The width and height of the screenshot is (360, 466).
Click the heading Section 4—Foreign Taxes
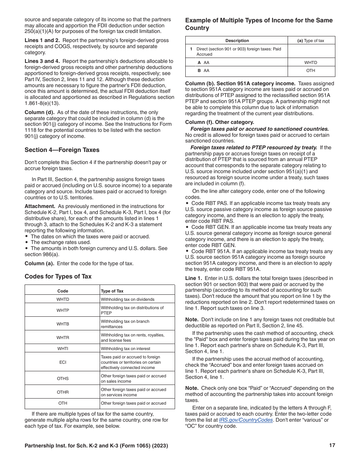coord(62,150)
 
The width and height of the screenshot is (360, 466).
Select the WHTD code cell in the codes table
coord(63,299)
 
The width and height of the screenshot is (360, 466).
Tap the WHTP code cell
coord(63,310)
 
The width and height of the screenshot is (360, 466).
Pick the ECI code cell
coord(63,362)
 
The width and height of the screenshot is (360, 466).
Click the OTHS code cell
coord(63,378)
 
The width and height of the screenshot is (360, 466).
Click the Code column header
coord(63,291)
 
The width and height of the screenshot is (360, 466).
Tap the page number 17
coord(332,446)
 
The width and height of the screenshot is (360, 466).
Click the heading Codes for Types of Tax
coord(58,276)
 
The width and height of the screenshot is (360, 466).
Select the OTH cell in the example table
coord(311,70)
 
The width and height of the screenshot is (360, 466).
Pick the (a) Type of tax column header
coord(311,41)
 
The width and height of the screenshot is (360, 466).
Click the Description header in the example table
coord(237,41)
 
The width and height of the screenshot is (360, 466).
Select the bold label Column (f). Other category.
coord(219,122)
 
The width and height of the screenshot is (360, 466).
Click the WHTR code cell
coord(63,338)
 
